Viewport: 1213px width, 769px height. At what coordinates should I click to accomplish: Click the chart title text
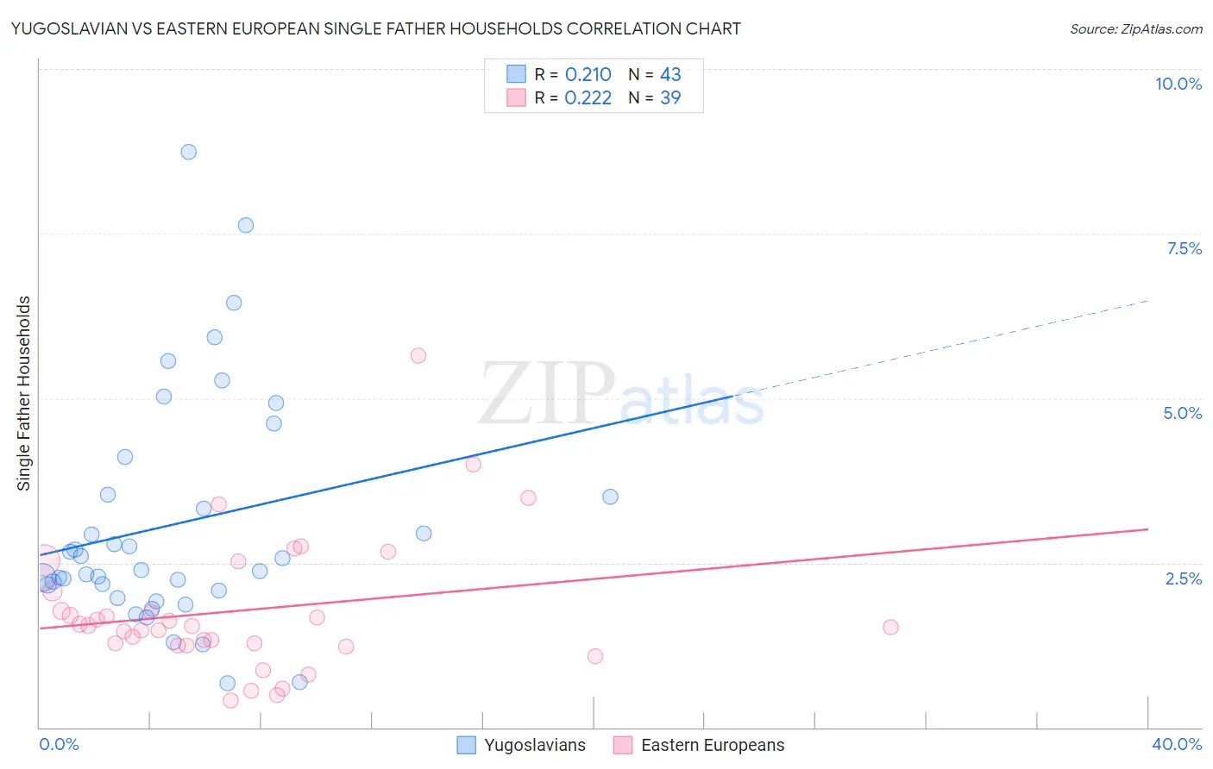tap(375, 28)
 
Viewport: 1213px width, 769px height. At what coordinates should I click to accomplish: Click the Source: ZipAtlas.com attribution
tap(1135, 28)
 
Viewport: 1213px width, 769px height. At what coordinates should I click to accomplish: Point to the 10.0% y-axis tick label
tap(1178, 84)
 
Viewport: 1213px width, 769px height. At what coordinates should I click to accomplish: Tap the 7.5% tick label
tap(1184, 248)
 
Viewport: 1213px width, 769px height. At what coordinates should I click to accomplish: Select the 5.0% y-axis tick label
tap(1182, 413)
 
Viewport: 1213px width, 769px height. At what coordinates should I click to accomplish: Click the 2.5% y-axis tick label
tap(1183, 578)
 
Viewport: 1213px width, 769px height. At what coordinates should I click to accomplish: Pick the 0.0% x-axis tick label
tap(59, 744)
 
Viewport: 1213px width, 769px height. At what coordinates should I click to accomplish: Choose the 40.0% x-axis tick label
tap(1176, 744)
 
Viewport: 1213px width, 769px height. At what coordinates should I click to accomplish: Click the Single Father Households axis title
tap(24, 393)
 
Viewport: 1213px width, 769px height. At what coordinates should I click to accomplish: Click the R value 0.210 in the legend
tap(588, 75)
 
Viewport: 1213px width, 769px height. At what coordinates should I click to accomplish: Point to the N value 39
tap(670, 98)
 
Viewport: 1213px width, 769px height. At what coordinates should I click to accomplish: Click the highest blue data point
tap(188, 152)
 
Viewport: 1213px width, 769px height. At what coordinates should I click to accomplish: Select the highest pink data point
tap(418, 355)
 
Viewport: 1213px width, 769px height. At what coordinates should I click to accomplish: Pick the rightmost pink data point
tap(890, 627)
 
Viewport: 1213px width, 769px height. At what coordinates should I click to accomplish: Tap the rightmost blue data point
tap(610, 497)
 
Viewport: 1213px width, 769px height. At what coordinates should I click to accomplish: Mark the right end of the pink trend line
tap(1147, 529)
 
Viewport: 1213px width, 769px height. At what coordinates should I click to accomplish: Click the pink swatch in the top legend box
tap(516, 97)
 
